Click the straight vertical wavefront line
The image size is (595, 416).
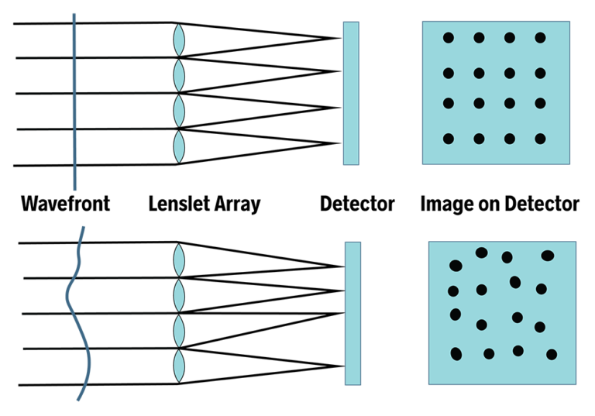74,108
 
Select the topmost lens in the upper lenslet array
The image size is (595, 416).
179,40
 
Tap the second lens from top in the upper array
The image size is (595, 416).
179,76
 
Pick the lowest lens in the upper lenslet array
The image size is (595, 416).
179,146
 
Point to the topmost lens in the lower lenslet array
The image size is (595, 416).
179,260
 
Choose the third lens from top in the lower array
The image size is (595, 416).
179,331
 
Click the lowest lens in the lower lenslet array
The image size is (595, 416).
179,366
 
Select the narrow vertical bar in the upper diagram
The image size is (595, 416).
351,93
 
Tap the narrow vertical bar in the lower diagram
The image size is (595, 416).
353,313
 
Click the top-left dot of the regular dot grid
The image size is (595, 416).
448,38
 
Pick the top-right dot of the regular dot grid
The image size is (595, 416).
540,38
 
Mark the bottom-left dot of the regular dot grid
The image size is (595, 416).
448,139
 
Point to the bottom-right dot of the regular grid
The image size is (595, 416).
540,139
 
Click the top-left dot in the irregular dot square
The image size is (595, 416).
456,266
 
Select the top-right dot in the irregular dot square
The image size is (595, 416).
548,256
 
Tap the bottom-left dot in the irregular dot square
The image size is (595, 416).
456,354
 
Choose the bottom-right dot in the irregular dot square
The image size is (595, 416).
552,355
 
